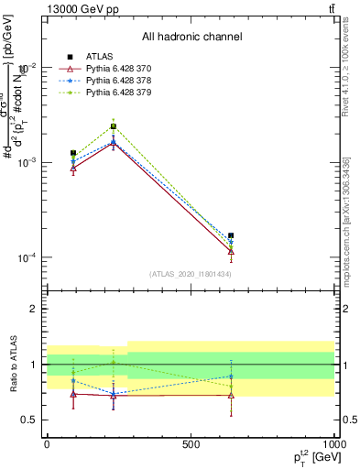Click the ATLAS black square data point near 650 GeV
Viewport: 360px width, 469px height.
tap(231, 235)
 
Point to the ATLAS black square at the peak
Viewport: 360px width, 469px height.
tap(113, 126)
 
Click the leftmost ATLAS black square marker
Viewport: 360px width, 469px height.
tap(73, 153)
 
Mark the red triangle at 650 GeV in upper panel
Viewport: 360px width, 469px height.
tap(231, 251)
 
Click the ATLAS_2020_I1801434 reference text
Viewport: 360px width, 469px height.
tap(191, 274)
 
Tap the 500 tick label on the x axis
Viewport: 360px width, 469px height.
tap(191, 443)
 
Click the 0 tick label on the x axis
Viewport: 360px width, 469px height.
tap(47, 443)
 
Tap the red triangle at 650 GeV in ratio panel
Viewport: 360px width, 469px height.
tap(231, 396)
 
